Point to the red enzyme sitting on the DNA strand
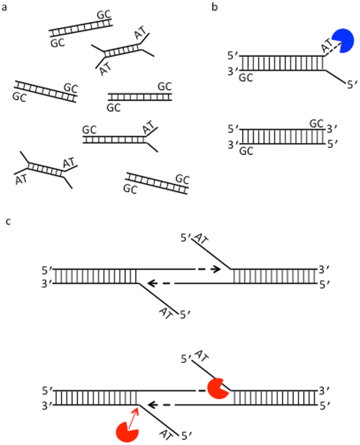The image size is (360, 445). pos(217,388)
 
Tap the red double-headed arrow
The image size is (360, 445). pos(133,416)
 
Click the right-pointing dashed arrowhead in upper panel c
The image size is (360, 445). pos(215,269)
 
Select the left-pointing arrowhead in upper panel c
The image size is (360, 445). pos(152,284)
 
